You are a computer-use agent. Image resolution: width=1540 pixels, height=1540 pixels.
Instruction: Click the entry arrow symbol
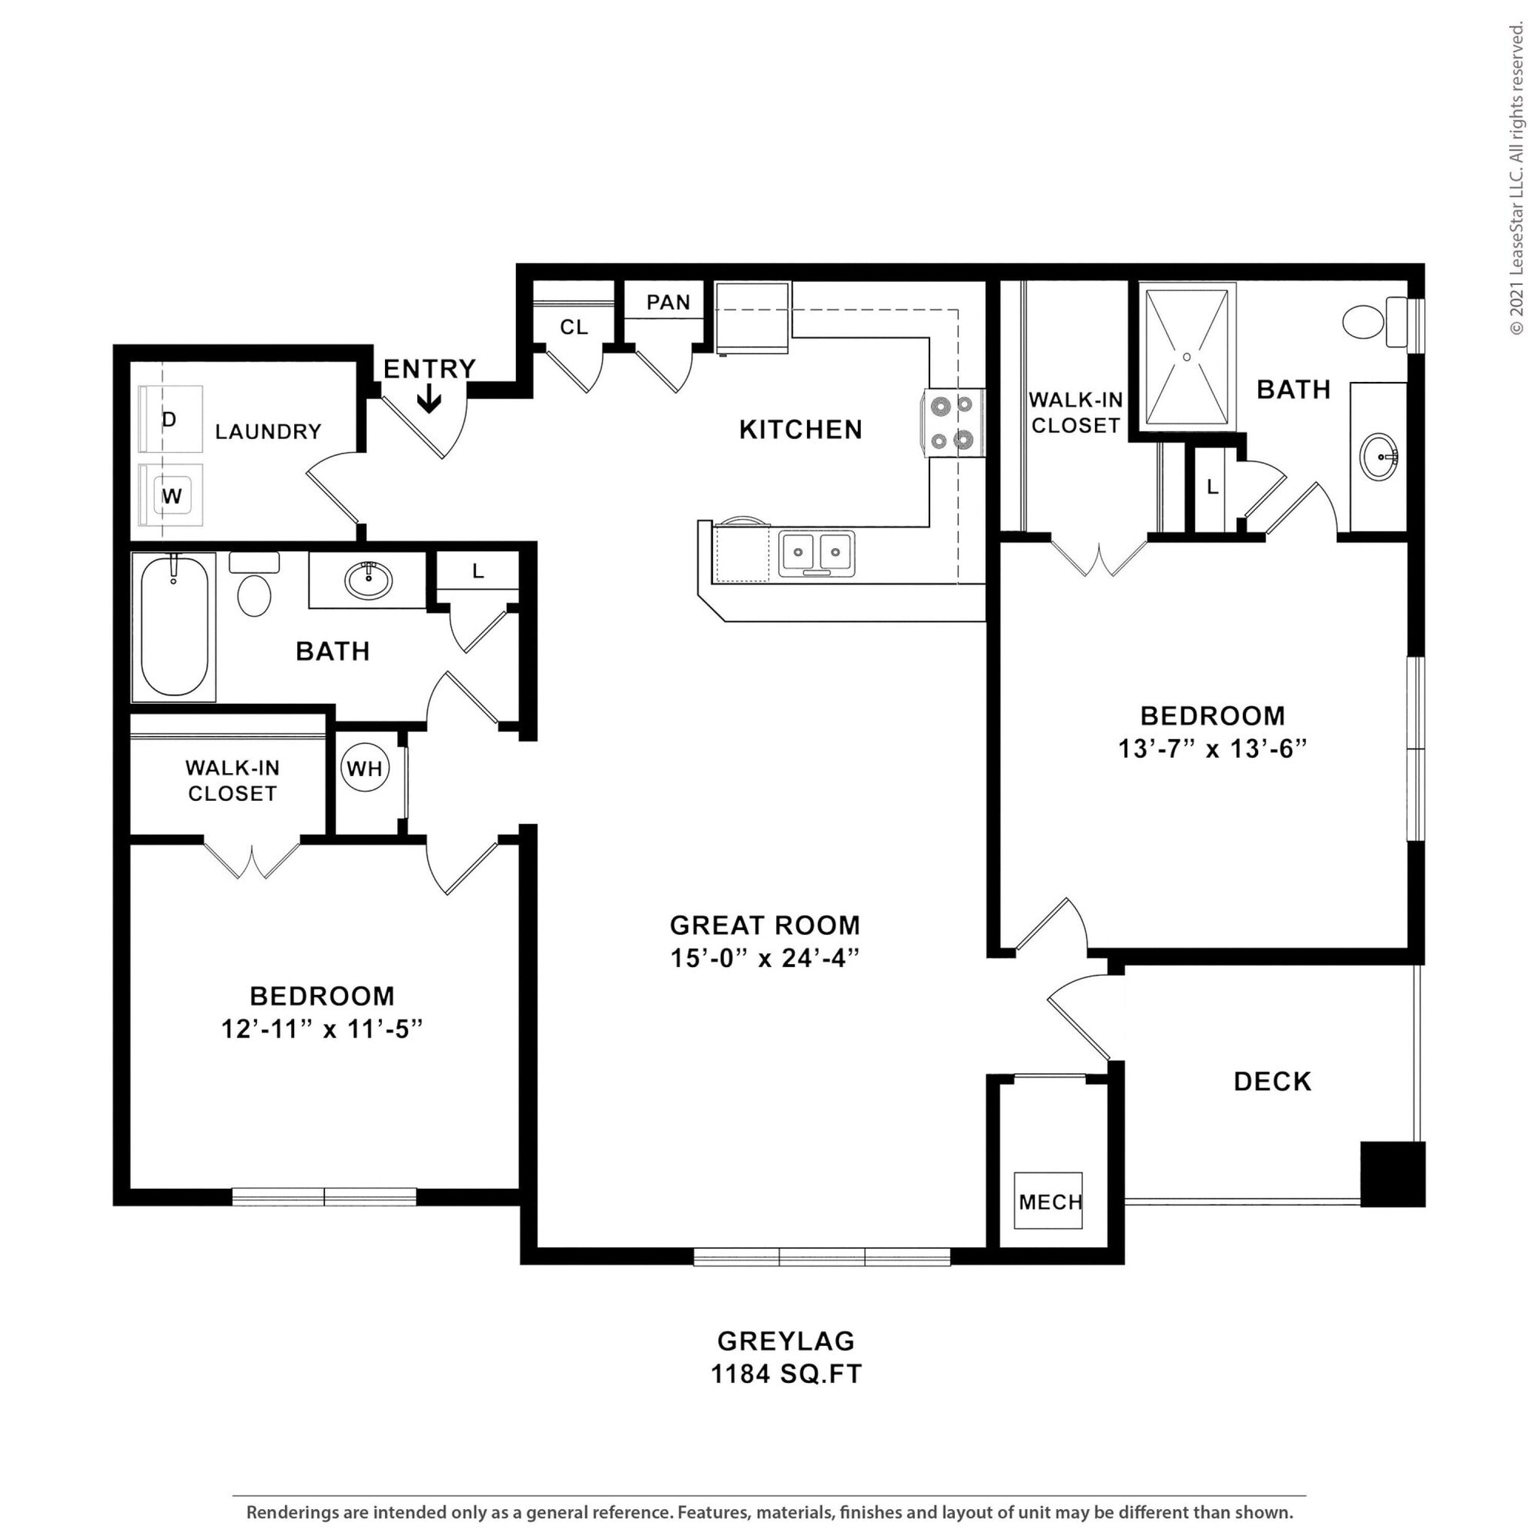click(429, 399)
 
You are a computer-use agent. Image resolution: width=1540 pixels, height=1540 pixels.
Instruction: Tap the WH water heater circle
click(365, 768)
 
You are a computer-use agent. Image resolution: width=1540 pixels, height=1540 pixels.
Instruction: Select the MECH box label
click(1050, 1202)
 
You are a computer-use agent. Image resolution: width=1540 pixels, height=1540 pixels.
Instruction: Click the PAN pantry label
click(668, 302)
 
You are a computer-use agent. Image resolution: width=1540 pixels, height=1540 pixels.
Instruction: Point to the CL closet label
click(573, 327)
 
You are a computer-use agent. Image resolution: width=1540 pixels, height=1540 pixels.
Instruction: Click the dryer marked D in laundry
click(171, 420)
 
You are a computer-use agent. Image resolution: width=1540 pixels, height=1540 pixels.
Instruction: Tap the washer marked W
click(171, 496)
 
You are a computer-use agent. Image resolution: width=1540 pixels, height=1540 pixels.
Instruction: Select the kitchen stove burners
click(953, 423)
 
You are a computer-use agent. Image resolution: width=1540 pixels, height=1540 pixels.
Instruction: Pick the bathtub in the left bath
click(174, 626)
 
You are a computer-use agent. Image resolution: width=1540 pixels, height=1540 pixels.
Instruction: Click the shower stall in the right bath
click(1186, 357)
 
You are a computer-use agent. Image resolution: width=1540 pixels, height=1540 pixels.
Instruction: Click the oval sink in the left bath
click(368, 580)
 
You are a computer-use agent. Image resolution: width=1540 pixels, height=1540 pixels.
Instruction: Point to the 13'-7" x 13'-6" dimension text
click(1212, 749)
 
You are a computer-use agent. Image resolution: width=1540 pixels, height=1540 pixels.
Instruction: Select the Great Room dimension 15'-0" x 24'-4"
click(765, 958)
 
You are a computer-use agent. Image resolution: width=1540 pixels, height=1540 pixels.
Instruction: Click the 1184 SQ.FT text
click(786, 1373)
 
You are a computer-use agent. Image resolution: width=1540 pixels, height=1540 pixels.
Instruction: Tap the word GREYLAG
click(786, 1340)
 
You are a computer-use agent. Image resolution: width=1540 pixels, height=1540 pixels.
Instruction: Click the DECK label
click(1272, 1081)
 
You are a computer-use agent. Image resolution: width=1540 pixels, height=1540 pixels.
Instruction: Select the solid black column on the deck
click(1392, 1173)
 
